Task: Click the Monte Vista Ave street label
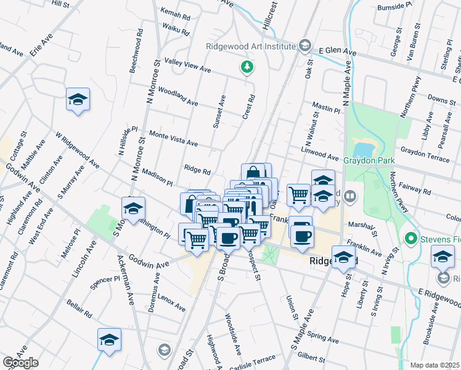click(x=173, y=139)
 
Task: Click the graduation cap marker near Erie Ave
click(x=78, y=100)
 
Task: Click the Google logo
click(x=20, y=363)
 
